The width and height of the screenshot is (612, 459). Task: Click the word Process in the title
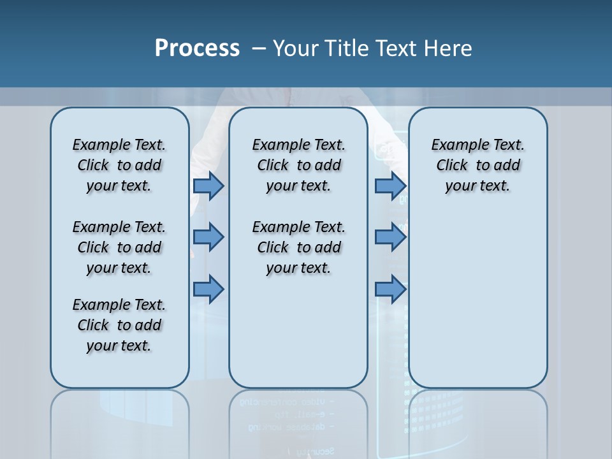[x=197, y=48]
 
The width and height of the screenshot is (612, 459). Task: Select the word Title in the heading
[x=347, y=48]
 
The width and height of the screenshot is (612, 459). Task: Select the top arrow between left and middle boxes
[x=208, y=186]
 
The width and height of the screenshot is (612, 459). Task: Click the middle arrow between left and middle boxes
[x=208, y=237]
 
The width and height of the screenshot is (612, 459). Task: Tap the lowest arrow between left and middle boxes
[x=208, y=289]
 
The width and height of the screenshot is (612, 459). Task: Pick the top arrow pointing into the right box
[x=390, y=186]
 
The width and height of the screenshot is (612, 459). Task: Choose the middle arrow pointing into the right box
[x=390, y=237]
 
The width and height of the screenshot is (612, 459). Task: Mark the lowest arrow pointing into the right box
[x=390, y=289]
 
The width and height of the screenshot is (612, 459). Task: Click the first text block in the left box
[x=119, y=165]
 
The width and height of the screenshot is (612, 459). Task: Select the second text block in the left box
[x=119, y=247]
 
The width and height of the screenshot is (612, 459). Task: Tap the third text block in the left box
[x=119, y=325]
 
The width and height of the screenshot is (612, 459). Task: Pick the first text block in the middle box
[x=298, y=165]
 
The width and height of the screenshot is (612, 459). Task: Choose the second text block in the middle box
[x=298, y=247]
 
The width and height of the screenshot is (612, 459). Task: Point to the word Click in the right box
[x=452, y=166]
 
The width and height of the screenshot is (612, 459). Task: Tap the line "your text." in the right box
[x=477, y=186]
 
